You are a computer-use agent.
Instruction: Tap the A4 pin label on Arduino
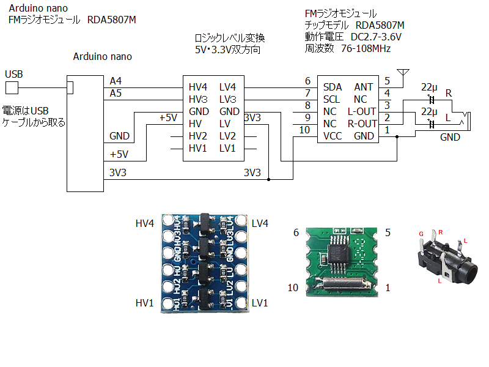click(x=116, y=81)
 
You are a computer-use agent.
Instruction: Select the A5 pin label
click(x=116, y=93)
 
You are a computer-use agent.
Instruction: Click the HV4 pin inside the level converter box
click(x=198, y=87)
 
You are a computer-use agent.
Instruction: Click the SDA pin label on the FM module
click(x=333, y=87)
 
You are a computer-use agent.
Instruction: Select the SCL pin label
click(x=332, y=99)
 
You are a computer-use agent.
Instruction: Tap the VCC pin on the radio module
click(x=333, y=136)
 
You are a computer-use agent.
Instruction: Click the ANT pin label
click(x=364, y=87)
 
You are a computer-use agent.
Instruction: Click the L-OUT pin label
click(x=361, y=111)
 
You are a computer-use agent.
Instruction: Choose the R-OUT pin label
click(x=361, y=124)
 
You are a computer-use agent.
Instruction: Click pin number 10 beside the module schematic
click(x=304, y=130)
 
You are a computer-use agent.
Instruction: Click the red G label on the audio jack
click(x=421, y=234)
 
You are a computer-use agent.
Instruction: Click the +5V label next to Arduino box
click(x=119, y=154)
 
